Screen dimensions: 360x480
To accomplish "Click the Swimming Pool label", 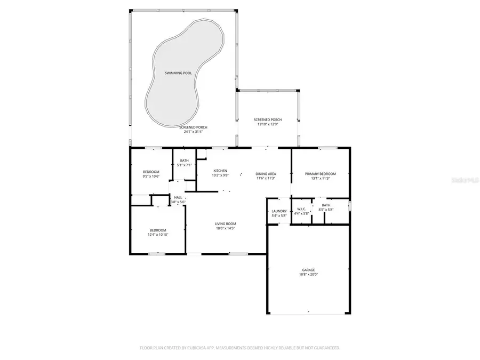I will click(x=179, y=73).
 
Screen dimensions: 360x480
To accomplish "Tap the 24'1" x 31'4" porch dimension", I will click(x=193, y=132).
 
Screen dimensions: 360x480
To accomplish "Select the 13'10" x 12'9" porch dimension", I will click(x=268, y=124).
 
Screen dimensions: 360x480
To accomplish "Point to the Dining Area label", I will click(x=265, y=174).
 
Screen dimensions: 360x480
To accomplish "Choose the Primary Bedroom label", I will click(x=320, y=174).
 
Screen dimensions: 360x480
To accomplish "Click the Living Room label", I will click(x=225, y=223).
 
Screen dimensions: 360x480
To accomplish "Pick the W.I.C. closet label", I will click(x=301, y=209).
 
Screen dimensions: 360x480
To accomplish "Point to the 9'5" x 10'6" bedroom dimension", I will click(x=151, y=176).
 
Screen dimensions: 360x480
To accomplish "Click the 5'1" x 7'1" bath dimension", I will click(x=184, y=165).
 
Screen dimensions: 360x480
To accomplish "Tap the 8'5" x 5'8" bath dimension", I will click(x=326, y=210).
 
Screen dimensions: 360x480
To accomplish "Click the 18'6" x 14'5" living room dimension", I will click(x=225, y=228).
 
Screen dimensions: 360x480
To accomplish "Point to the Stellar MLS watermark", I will click(x=465, y=180).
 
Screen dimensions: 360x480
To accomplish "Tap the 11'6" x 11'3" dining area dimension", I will click(x=265, y=178).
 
